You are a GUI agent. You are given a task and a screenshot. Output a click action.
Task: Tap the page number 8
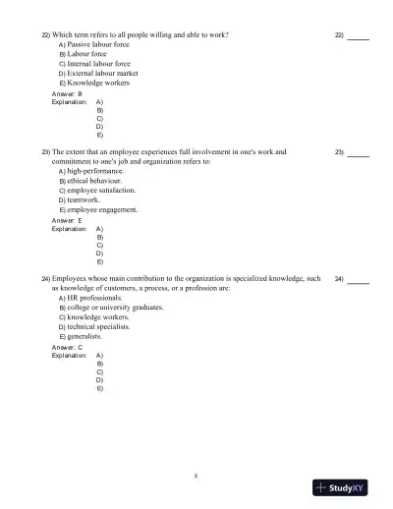(196, 477)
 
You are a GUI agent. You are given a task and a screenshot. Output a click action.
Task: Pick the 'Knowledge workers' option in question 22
(98, 84)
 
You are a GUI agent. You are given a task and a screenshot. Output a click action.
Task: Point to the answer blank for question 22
(359, 37)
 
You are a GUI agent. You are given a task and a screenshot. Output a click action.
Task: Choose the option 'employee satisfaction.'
(101, 191)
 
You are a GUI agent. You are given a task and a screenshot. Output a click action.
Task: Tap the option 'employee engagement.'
(102, 209)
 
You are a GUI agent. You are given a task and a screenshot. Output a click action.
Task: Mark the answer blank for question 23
(359, 154)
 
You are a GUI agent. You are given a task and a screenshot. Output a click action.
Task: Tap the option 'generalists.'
(87, 336)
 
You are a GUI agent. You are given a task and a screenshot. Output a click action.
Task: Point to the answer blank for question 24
(359, 280)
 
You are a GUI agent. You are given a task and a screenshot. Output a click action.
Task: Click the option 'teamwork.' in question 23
(86, 200)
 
